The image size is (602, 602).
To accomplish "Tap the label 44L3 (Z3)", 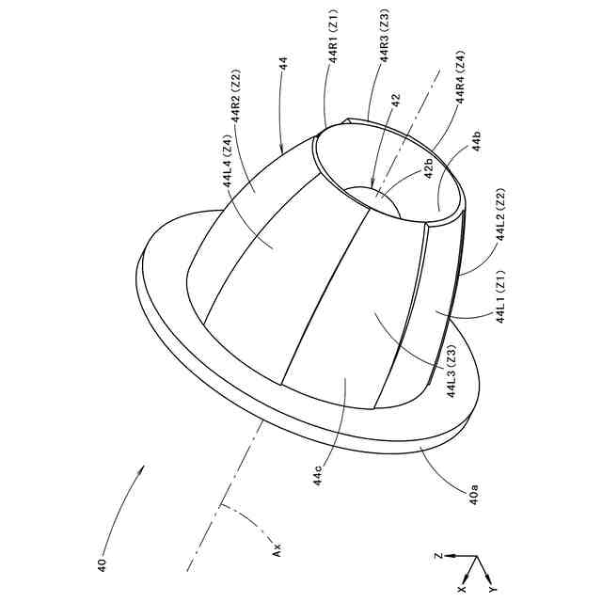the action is (452, 372).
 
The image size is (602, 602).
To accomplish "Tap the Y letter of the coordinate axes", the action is (492, 590).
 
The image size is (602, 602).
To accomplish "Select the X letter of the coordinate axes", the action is (462, 587).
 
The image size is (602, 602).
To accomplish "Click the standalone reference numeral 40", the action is (102, 565).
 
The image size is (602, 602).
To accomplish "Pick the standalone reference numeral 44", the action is (283, 63).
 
